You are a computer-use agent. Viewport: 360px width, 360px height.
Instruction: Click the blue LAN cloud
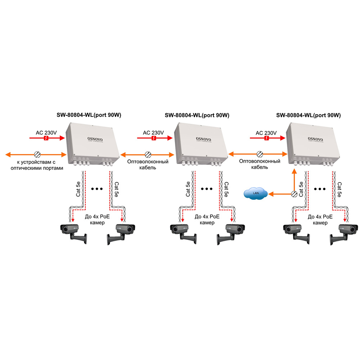(256, 194)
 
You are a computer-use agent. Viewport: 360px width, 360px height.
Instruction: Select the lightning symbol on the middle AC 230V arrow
(154, 138)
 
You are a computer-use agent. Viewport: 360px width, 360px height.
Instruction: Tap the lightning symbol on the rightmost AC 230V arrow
(267, 138)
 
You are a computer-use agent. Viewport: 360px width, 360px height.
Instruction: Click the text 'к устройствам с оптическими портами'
(36, 165)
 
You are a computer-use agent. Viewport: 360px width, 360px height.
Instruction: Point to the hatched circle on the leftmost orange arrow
(37, 155)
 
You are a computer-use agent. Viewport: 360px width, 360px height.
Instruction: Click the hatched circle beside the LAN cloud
(294, 194)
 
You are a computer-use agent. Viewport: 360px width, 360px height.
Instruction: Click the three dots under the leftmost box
(98, 189)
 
